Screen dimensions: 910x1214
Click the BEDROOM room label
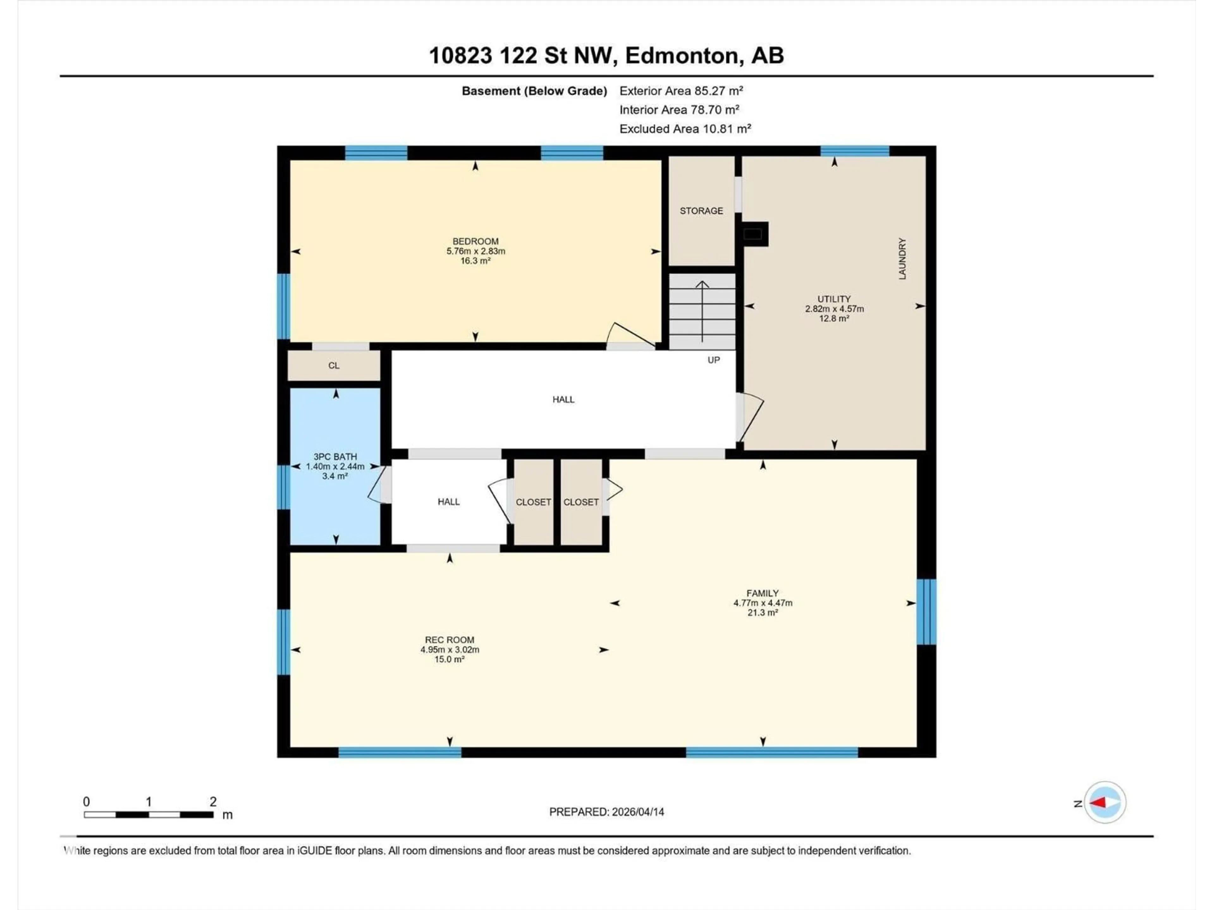(475, 241)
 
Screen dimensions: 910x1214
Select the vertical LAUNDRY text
(902, 258)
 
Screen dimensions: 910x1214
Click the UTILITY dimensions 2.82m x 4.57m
(834, 309)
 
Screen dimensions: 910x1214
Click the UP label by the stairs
(714, 360)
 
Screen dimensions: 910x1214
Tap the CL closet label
(334, 365)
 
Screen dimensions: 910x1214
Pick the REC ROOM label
(450, 640)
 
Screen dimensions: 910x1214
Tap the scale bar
(148, 815)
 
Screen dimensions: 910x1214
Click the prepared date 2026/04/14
(637, 812)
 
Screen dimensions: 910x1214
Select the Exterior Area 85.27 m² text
(681, 91)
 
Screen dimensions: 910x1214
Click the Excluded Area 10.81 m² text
(685, 129)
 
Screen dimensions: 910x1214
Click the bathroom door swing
(377, 485)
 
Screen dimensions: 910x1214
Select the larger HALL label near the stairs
(563, 399)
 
